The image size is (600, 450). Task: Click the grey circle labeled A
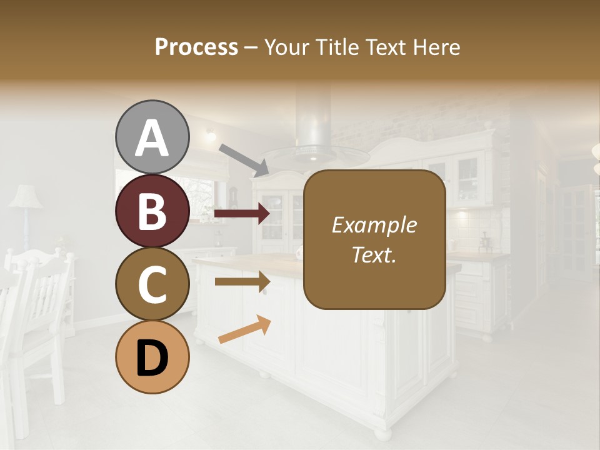click(x=152, y=137)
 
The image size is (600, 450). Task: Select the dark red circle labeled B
click(x=152, y=211)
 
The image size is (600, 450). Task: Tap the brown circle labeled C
click(x=152, y=284)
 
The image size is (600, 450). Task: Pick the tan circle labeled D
click(x=152, y=357)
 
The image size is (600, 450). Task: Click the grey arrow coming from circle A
click(x=244, y=159)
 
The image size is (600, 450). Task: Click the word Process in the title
click(x=196, y=47)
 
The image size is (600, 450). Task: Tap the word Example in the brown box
click(x=374, y=225)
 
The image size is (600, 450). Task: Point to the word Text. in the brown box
click(x=374, y=254)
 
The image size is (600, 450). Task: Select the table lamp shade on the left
click(x=26, y=196)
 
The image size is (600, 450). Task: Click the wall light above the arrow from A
click(x=211, y=133)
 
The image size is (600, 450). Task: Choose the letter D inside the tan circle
click(x=152, y=358)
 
